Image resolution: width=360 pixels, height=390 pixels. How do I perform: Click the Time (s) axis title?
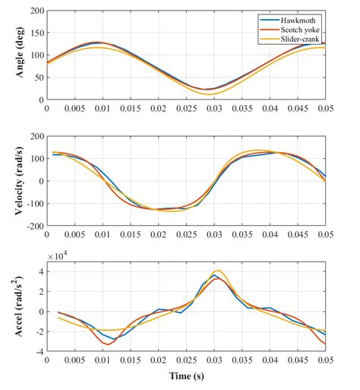pos(188,376)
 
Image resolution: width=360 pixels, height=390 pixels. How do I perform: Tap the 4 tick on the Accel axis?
pos(39,270)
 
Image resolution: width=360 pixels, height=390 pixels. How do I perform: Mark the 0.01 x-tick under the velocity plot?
pos(103,234)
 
